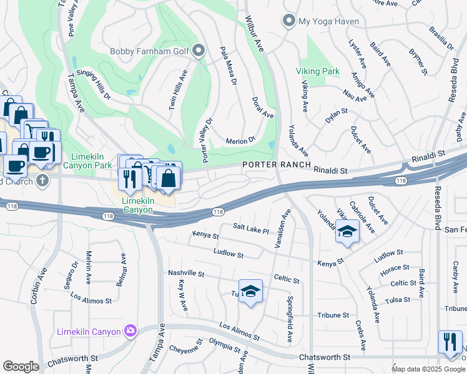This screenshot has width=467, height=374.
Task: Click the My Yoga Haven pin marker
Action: [x=288, y=21]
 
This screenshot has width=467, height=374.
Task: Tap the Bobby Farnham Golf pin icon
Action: [x=199, y=51]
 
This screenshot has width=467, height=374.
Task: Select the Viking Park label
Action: [x=318, y=72]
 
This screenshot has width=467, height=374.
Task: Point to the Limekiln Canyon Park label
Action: [x=87, y=160]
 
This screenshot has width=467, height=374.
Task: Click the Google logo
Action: [x=21, y=367]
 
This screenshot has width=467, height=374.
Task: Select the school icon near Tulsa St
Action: [x=250, y=292]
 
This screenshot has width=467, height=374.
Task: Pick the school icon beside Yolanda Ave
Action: [x=347, y=232]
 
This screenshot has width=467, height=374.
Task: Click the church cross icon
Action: [x=42, y=181]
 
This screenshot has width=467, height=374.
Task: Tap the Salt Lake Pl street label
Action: [x=250, y=229]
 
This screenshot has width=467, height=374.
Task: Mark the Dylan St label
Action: [x=336, y=115]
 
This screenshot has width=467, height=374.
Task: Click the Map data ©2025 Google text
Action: [x=428, y=369]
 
